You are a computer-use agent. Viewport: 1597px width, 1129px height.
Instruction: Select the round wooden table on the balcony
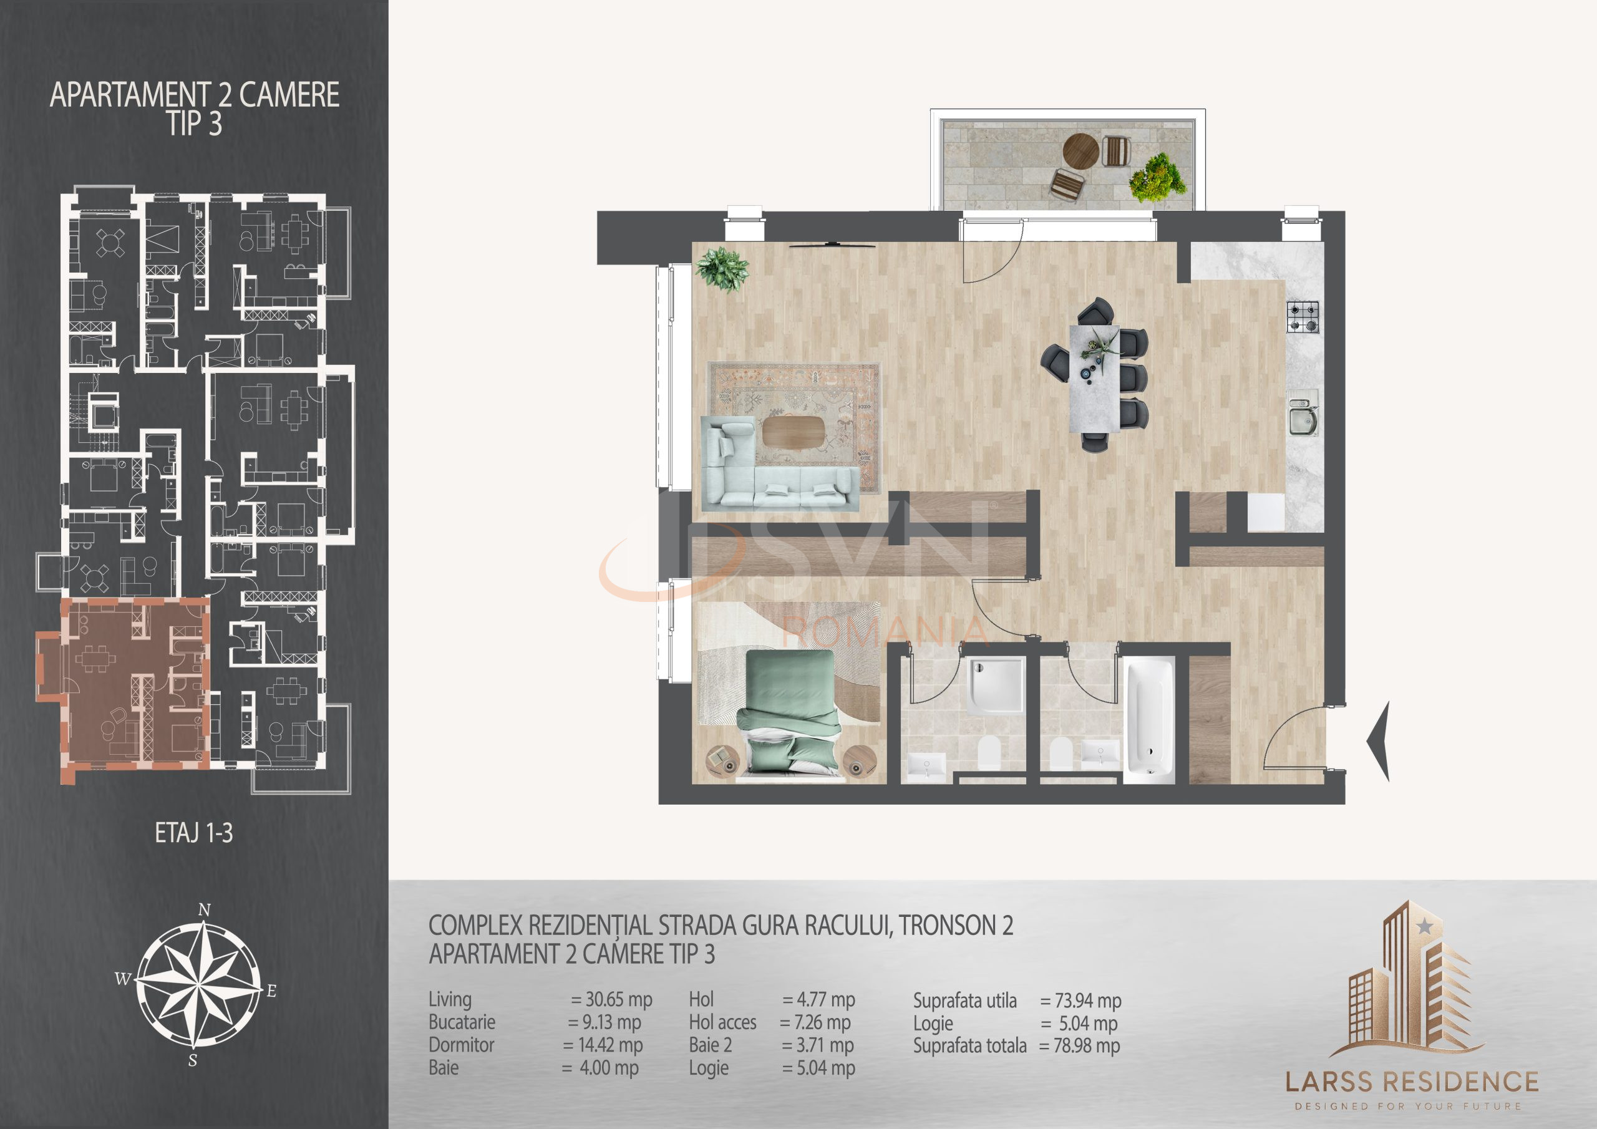[1081, 151]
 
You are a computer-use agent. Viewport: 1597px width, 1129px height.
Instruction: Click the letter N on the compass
[204, 910]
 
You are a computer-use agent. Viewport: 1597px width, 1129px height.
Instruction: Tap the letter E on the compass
[272, 991]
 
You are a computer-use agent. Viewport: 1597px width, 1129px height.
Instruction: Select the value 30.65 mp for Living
[612, 1001]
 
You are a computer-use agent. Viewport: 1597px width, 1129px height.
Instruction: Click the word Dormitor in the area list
[461, 1045]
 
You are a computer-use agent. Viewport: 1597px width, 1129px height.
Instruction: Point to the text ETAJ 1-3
[193, 833]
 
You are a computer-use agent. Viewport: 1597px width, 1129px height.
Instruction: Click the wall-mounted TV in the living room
[832, 245]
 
